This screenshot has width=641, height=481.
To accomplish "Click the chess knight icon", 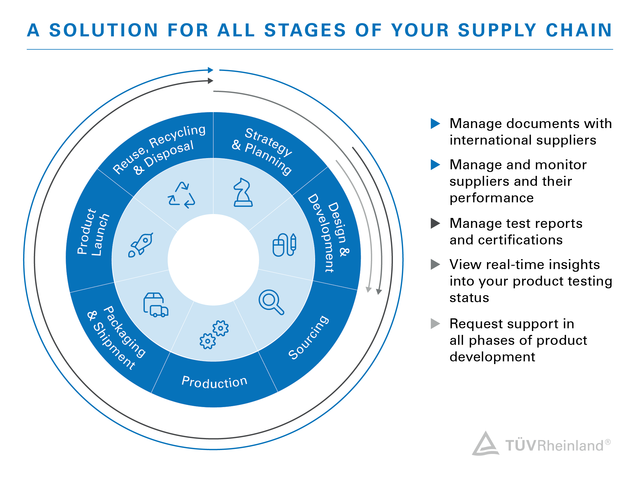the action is point(243,192).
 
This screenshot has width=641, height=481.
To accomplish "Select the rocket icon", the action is point(141,245).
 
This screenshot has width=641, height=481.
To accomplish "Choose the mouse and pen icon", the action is point(284,245).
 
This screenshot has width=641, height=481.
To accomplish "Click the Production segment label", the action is point(214,382).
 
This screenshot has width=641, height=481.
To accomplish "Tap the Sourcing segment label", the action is point(308,337).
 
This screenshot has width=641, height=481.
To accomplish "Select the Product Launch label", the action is point(93,232).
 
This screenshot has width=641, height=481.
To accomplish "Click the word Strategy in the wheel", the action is point(269,142).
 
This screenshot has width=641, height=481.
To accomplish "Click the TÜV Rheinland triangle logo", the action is point(485,444).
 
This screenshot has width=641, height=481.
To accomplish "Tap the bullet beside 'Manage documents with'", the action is point(435,124).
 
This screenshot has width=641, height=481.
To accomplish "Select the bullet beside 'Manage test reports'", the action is point(435,223).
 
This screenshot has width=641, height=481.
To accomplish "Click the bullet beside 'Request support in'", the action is point(435,324).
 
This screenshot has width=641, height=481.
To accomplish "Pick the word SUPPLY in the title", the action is point(497,30).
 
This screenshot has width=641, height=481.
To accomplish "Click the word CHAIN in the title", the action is point(579,30).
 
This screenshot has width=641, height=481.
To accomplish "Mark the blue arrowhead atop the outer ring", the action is point(211,70).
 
